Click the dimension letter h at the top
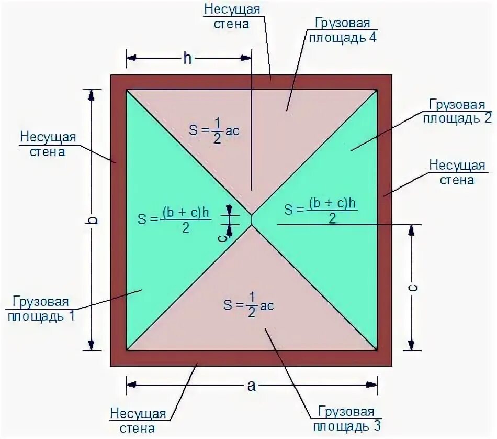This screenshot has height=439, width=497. (x=187, y=58)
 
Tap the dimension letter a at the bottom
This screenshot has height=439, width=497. (x=252, y=386)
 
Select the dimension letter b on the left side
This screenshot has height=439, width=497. (x=92, y=220)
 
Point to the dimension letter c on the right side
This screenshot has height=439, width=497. (x=412, y=288)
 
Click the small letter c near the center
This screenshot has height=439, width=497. (x=222, y=237)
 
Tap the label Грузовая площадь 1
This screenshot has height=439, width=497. (x=40, y=309)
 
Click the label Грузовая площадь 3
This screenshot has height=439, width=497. (x=345, y=418)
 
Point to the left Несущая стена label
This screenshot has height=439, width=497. (x=49, y=144)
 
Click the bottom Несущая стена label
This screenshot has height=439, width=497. (x=138, y=421)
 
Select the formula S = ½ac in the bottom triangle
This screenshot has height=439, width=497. (x=249, y=305)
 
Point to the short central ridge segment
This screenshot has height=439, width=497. (x=252, y=220)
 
